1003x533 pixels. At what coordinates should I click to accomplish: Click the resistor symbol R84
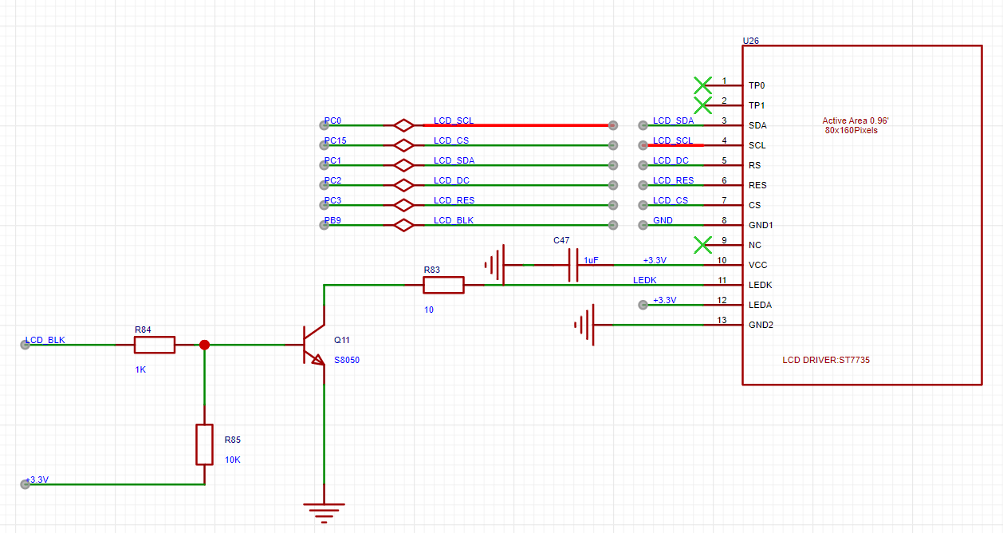(155, 345)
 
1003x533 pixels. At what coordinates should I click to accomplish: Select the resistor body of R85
(205, 444)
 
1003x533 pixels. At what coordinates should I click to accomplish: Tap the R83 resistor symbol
(443, 285)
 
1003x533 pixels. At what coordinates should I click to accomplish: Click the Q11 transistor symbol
(314, 345)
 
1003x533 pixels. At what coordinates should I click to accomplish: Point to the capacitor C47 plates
(573, 265)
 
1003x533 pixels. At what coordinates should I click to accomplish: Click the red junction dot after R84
(205, 345)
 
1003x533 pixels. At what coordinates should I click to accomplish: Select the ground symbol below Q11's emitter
(324, 513)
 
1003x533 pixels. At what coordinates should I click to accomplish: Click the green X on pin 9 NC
(702, 245)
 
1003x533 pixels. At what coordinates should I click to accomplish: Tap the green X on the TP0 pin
(702, 85)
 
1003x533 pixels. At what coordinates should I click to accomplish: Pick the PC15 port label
(336, 140)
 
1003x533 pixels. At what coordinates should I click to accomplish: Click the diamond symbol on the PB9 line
(404, 225)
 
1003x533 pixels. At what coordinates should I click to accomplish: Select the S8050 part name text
(347, 360)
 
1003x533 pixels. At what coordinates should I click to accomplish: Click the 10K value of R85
(232, 460)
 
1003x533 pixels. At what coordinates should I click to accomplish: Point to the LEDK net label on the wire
(645, 280)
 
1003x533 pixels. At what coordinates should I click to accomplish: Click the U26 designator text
(751, 41)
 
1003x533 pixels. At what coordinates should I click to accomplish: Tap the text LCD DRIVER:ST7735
(826, 360)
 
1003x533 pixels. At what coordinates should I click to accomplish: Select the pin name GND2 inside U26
(761, 325)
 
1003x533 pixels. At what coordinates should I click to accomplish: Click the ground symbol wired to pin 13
(584, 325)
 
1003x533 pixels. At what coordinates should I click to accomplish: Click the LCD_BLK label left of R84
(45, 340)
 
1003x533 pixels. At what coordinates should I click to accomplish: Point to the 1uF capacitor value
(591, 260)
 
